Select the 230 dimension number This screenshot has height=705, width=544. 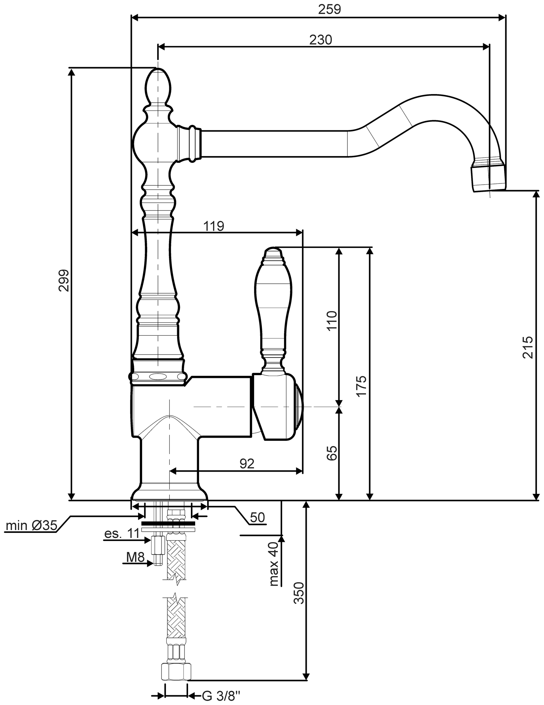[321, 39]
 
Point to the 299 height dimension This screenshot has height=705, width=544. [64, 280]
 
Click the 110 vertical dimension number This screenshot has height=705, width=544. [331, 321]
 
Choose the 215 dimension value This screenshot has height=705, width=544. [527, 347]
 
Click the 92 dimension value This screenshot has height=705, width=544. [247, 463]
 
